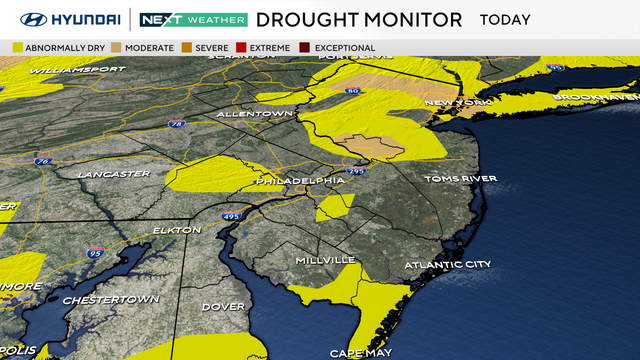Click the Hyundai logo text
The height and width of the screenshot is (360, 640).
75,20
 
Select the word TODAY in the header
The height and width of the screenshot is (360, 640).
505,20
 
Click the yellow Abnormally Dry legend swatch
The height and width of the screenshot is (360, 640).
18,48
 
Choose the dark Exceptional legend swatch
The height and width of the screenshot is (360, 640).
306,48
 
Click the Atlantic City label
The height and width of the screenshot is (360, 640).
448,264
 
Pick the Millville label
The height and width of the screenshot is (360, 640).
325,260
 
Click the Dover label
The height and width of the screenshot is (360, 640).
224,305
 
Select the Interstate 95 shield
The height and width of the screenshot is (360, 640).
95,254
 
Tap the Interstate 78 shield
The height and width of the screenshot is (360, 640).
177,125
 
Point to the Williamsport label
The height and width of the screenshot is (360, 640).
77,70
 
